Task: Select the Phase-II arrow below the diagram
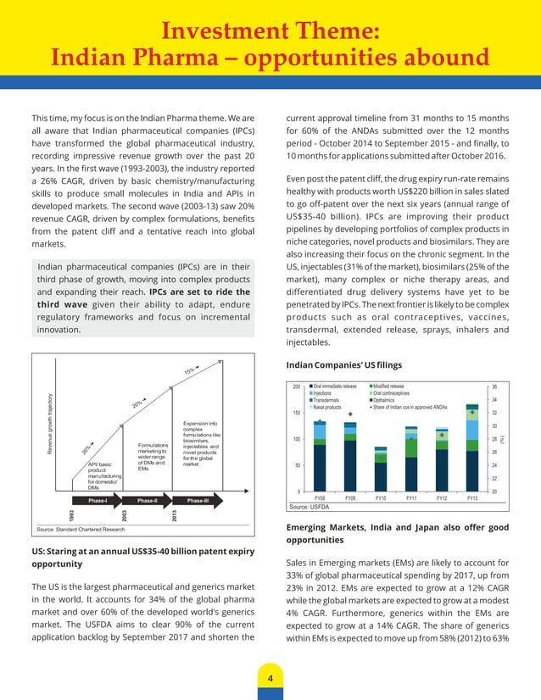148,501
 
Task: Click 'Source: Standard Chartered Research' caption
81,530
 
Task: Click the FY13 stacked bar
471,447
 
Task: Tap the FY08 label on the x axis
320,498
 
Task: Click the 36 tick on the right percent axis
494,386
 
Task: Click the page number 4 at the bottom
270,679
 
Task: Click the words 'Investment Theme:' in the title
270,31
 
